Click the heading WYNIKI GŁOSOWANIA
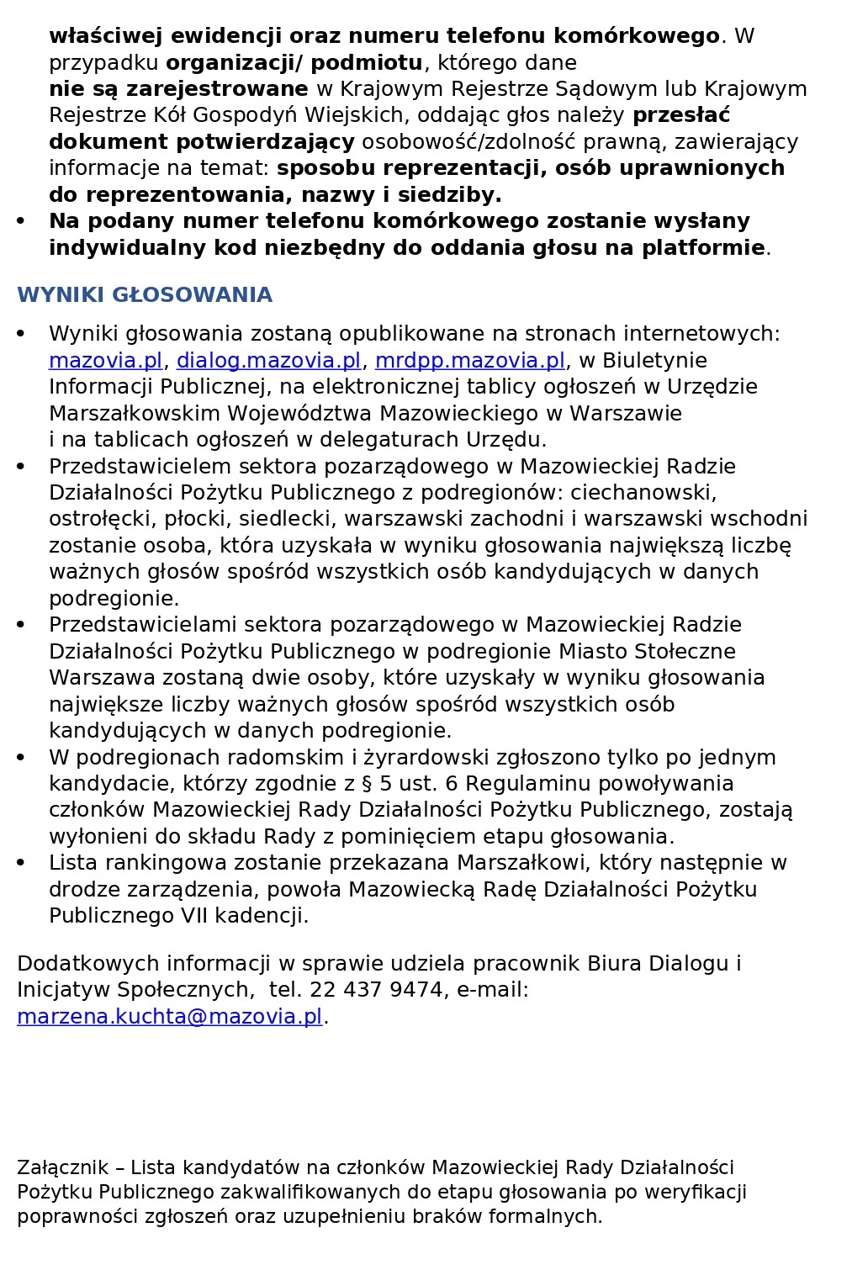[145, 295]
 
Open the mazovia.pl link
[105, 361]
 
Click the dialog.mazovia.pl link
[268, 361]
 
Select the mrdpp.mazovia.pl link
[469, 361]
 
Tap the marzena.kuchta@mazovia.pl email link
[170, 1017]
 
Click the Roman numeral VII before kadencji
[195, 916]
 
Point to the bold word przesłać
[681, 115]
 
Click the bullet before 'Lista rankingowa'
[21, 863]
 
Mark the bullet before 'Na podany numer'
[21, 221]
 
